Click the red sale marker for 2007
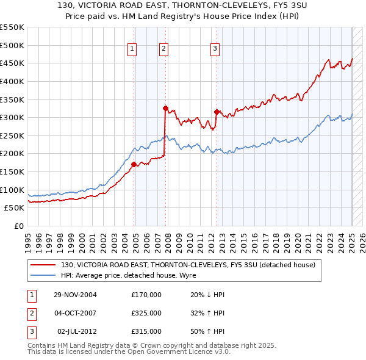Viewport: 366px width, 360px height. pos(165,109)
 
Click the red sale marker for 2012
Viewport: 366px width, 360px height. pos(217,112)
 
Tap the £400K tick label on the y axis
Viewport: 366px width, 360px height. pos(12,81)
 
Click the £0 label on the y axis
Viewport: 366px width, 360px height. pos(18,226)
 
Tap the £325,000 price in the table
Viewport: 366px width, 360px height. pos(146,313)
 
